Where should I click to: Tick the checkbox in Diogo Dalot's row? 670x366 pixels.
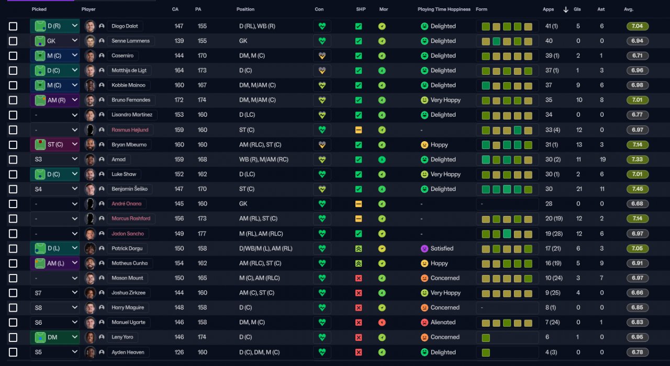coord(13,26)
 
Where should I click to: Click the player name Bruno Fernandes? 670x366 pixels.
coord(131,100)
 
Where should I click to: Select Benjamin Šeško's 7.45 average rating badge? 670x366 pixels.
coord(638,189)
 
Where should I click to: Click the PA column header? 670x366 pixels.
coord(198,9)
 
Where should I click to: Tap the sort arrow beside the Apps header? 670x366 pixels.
coord(566,9)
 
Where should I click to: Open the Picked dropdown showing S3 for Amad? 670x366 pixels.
coord(55,159)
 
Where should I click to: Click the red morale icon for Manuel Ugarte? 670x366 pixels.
coord(382,323)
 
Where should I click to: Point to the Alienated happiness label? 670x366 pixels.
coord(443,322)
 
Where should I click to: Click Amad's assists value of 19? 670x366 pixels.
coord(602,159)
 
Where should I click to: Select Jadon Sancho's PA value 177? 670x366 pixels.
coord(202,234)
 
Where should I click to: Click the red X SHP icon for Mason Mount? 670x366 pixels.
coord(359,278)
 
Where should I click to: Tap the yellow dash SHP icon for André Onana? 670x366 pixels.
coord(359,204)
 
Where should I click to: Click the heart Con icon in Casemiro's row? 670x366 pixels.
coord(322,56)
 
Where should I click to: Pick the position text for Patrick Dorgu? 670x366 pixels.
coord(265,248)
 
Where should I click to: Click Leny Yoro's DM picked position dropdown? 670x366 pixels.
coord(55,337)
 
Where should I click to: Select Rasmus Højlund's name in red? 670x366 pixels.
coord(130,130)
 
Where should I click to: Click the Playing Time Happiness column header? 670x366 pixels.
coord(444,9)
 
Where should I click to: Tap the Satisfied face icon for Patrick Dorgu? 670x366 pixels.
coord(425,248)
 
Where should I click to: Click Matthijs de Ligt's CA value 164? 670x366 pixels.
coord(179,71)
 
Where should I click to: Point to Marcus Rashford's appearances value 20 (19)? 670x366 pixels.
coord(554,219)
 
